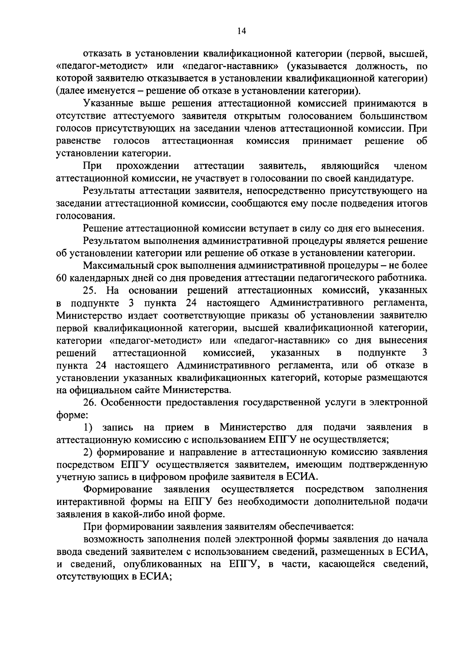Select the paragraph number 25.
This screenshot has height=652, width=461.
pos(91,291)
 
